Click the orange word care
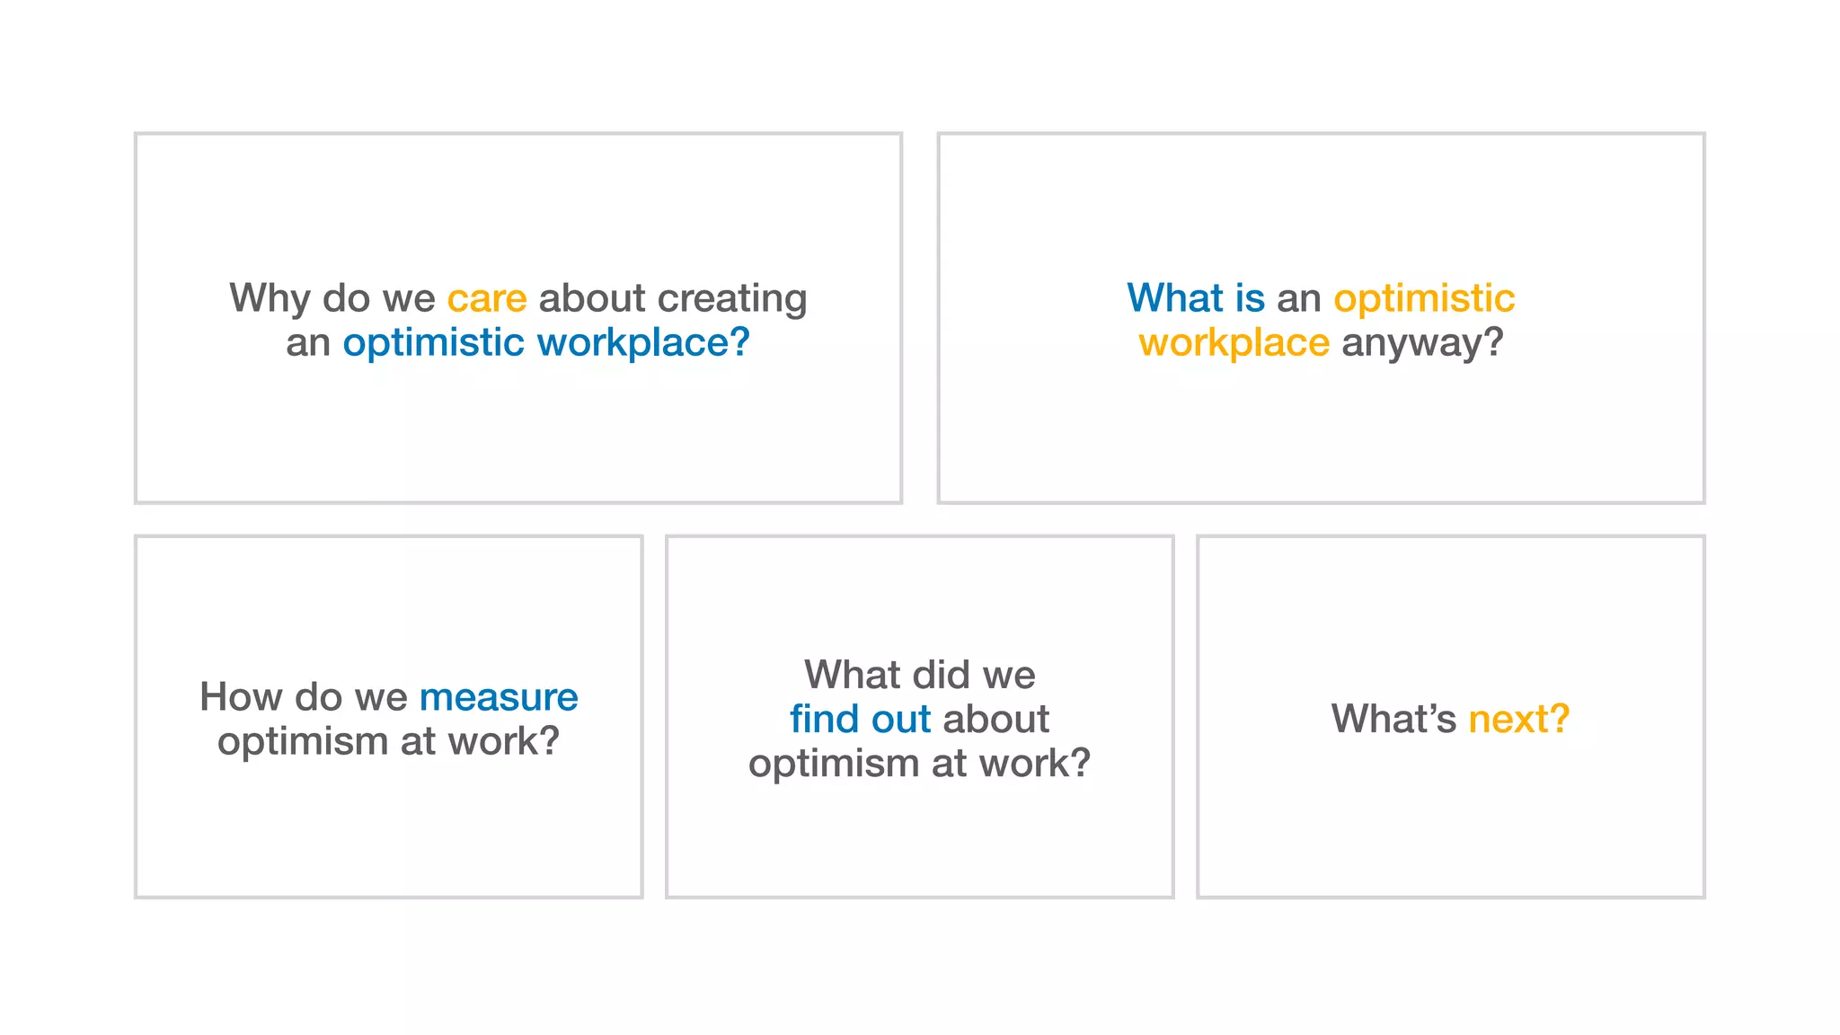[x=487, y=298]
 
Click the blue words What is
[x=1196, y=298]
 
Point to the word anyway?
[x=1422, y=343]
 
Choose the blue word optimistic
[x=433, y=343]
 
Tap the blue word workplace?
[x=643, y=343]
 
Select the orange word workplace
[x=1234, y=343]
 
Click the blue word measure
[x=499, y=698]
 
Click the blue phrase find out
[x=860, y=720]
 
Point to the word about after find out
[x=995, y=720]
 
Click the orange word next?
[x=1518, y=720]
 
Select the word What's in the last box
[x=1393, y=720]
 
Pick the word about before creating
[x=591, y=298]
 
